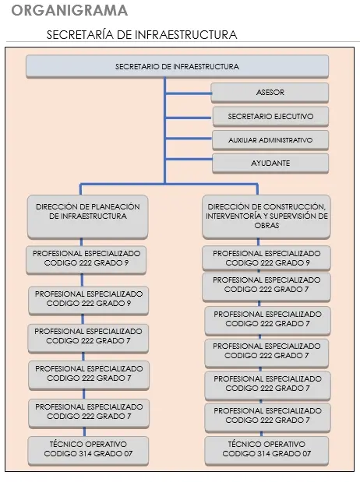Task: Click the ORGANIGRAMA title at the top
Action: tap(69, 10)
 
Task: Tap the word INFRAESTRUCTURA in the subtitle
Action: tap(186, 35)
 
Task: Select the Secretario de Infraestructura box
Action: tap(177, 66)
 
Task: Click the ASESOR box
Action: tap(270, 92)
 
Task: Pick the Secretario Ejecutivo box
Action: tap(270, 117)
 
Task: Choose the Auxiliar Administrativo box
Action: tap(270, 140)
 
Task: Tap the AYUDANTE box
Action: tap(270, 164)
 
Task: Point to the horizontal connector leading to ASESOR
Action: tap(189, 93)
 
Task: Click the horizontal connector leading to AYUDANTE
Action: tap(189, 159)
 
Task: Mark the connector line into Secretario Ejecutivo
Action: tap(189, 118)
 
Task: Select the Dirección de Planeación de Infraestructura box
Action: tap(88, 216)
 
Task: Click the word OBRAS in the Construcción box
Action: tap(266, 225)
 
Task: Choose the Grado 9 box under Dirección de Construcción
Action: tap(266, 258)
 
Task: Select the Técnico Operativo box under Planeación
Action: tap(88, 450)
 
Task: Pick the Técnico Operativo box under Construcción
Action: tap(266, 450)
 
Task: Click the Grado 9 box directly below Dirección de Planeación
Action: tap(86, 259)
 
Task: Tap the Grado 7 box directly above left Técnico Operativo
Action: tap(89, 413)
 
